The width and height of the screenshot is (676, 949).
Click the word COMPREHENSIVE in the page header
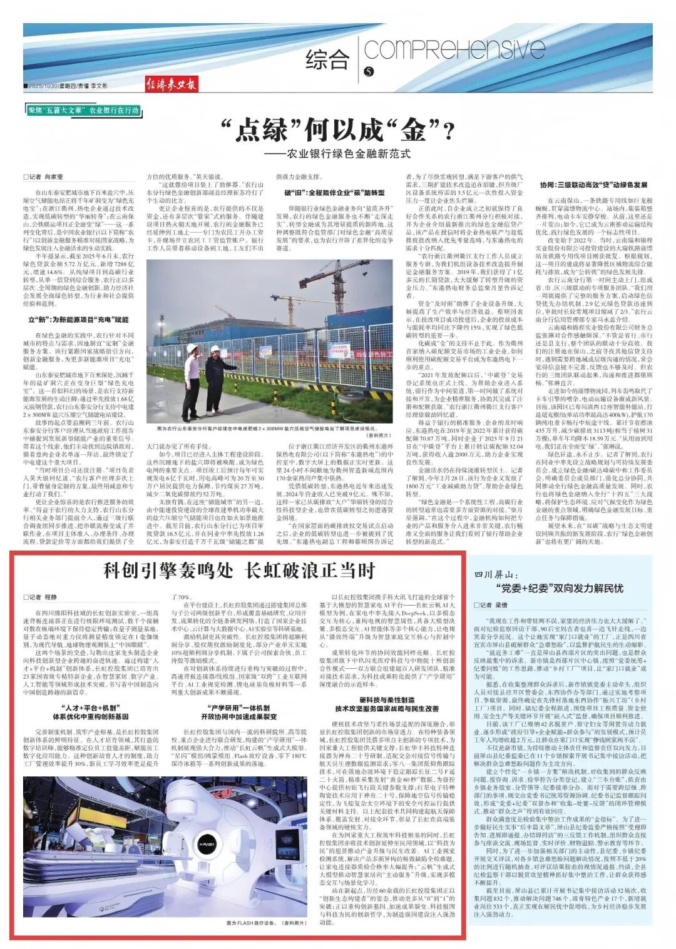pyautogui.click(x=454, y=49)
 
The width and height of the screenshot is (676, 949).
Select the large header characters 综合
pyautogui.click(x=327, y=59)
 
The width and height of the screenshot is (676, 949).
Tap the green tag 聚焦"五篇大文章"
pyautogui.click(x=56, y=110)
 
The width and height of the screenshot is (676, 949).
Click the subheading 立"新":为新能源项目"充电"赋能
pyautogui.click(x=78, y=320)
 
